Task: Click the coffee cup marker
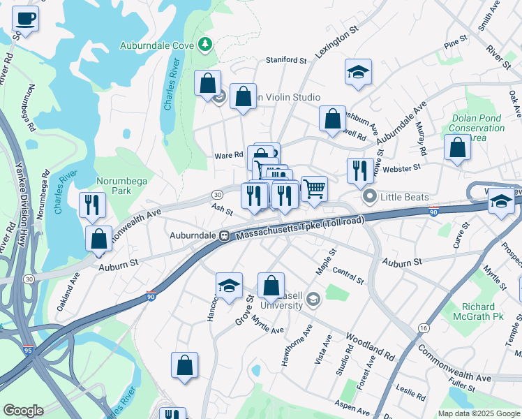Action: pos(26,19)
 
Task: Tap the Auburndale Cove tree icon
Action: pos(204,45)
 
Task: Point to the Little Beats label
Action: pos(405,197)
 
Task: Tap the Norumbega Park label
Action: pos(122,186)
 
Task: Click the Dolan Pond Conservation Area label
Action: pos(477,128)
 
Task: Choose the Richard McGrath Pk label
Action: pos(488,311)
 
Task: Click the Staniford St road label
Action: pos(285,61)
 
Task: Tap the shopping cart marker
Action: pos(314,188)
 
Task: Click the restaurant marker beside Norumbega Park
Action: pos(92,205)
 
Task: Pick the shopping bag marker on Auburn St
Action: pos(99,238)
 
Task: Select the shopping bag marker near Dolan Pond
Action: pos(457,147)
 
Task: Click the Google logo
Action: pos(23,411)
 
